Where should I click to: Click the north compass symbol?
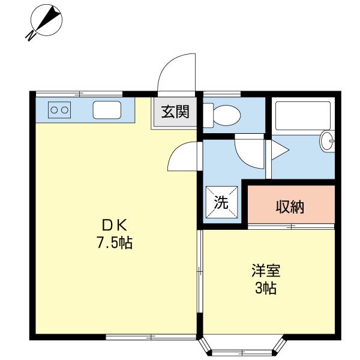46,22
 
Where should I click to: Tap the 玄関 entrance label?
175,112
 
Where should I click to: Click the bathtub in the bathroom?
302,116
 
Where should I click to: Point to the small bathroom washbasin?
328,141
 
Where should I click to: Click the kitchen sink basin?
107,110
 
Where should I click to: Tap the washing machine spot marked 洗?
222,202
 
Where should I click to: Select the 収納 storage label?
290,206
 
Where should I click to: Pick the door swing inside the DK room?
184,157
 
